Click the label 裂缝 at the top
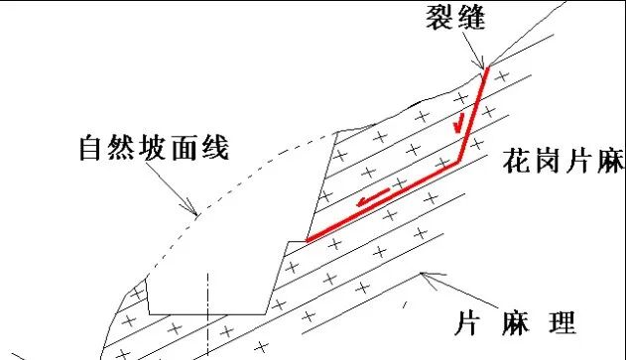(x=456, y=19)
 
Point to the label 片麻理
(x=516, y=324)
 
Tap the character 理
(x=563, y=324)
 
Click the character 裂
(x=439, y=19)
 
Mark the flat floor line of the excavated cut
(x=208, y=313)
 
